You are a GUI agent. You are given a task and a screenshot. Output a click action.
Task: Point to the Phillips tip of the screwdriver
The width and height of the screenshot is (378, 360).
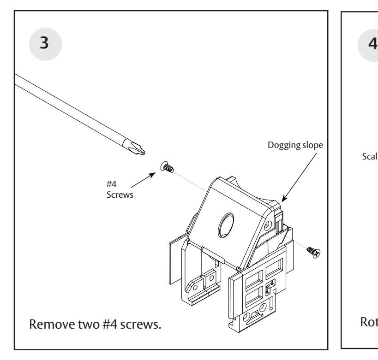[x=140, y=148]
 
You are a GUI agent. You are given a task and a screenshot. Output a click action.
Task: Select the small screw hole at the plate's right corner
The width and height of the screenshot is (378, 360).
[x=266, y=227]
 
